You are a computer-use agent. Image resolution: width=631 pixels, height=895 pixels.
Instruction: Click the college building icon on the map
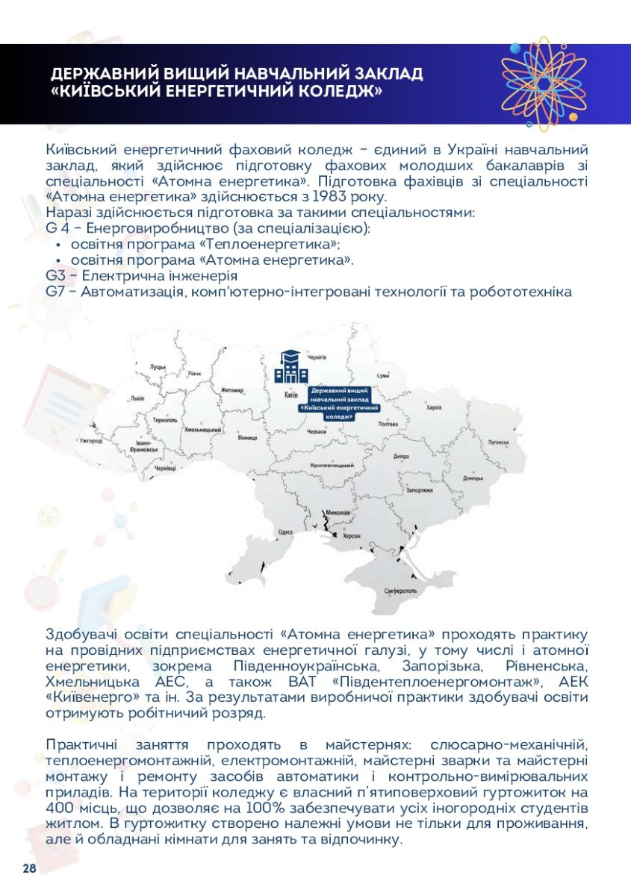pyautogui.click(x=290, y=366)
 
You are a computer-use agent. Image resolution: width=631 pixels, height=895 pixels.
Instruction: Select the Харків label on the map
pyautogui.click(x=433, y=408)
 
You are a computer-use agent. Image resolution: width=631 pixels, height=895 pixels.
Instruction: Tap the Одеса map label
pyautogui.click(x=285, y=533)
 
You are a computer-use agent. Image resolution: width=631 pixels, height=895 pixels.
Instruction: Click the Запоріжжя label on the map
pyautogui.click(x=419, y=491)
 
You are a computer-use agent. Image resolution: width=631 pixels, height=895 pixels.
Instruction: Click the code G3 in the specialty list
pyautogui.click(x=55, y=276)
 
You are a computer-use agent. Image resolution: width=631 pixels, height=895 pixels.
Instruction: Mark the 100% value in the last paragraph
pyautogui.click(x=255, y=809)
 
